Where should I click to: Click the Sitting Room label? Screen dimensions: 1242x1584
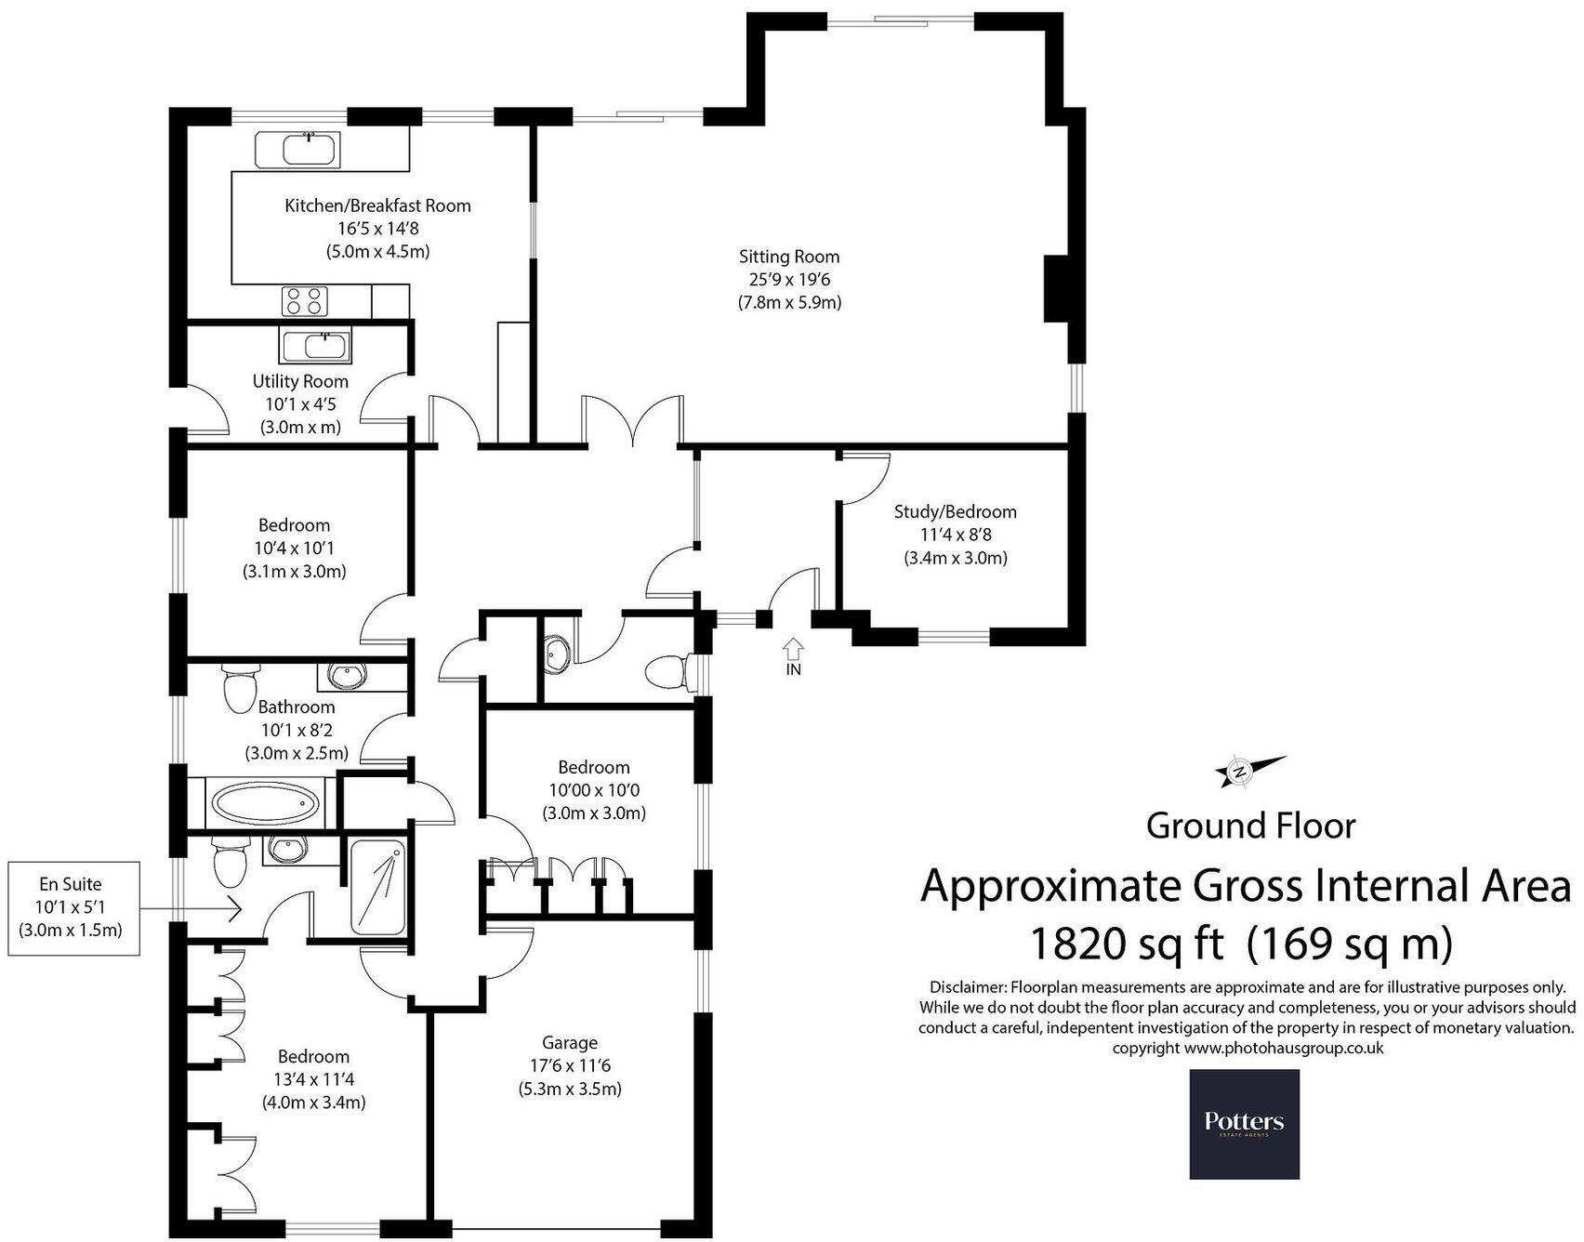click(789, 257)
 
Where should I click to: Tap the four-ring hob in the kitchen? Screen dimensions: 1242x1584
click(306, 301)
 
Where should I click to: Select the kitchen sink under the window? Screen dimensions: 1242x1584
click(298, 151)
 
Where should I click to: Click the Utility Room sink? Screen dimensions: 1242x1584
click(315, 347)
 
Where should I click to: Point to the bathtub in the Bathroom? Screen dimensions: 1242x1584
click(265, 803)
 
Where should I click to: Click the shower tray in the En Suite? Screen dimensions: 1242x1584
click(378, 886)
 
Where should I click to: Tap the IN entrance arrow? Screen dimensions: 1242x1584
click(793, 649)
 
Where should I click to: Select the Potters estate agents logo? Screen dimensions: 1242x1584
click(1244, 1123)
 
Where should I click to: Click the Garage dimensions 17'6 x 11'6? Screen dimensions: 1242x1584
click(570, 1065)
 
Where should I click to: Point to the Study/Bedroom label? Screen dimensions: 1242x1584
click(955, 511)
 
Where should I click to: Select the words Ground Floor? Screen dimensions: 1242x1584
click(1250, 825)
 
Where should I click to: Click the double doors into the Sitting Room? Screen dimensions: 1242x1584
click(632, 420)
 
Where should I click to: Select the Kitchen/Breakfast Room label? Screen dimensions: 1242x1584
click(377, 205)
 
